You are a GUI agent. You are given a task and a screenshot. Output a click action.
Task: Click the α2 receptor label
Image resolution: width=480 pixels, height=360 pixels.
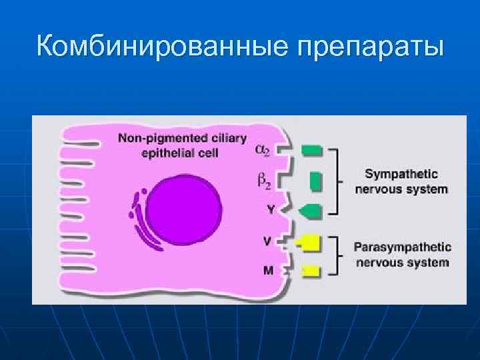click(263, 151)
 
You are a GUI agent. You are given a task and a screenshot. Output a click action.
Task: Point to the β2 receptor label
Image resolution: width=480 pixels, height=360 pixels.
click(263, 181)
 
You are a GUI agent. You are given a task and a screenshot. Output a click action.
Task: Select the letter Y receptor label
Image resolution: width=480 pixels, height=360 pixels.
click(269, 209)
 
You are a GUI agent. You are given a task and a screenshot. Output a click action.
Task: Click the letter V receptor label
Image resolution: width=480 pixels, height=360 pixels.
click(267, 240)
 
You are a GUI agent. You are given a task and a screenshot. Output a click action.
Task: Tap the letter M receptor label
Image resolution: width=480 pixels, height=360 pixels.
click(267, 271)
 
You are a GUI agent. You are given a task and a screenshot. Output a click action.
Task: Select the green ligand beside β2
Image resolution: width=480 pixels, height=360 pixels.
click(316, 181)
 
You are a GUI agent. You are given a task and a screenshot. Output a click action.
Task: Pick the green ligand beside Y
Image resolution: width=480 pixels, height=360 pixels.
click(311, 211)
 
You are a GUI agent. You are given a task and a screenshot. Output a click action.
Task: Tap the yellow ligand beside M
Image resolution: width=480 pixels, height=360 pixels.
click(311, 271)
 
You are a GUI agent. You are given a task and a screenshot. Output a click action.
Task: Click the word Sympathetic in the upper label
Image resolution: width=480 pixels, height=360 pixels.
click(401, 175)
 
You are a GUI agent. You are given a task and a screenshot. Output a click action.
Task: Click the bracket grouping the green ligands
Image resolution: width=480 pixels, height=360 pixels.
click(339, 181)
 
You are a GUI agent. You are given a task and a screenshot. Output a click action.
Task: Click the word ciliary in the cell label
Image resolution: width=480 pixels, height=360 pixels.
click(227, 139)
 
